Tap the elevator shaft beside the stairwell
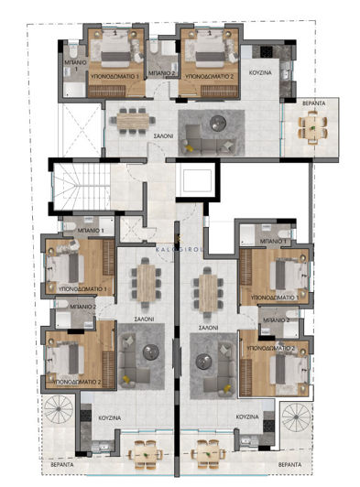click(197, 179)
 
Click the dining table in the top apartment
click(134, 118)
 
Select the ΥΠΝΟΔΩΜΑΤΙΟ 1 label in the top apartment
click(114, 76)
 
